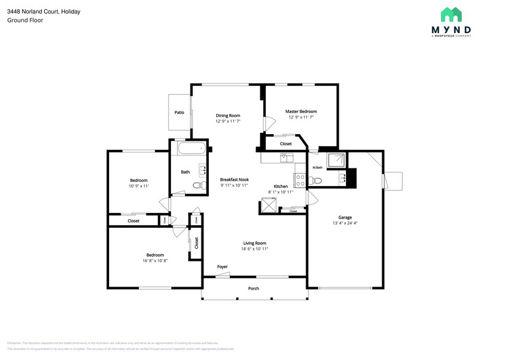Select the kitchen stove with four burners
tap(301, 180)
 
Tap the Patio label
tap(179, 113)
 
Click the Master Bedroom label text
tap(301, 111)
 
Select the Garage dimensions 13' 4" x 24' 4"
tap(345, 223)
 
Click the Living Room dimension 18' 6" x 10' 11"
tap(255, 249)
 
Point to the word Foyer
tap(222, 267)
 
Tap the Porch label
tap(253, 288)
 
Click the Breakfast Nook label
tap(234, 179)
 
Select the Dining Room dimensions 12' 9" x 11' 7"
tap(228, 121)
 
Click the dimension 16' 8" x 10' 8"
tap(155, 260)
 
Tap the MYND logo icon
tap(451, 15)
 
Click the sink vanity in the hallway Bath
tap(202, 170)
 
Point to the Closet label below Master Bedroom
tap(285, 144)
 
